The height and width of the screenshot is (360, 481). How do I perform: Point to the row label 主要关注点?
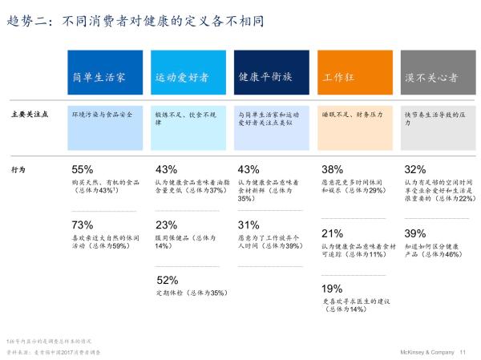pos(31,115)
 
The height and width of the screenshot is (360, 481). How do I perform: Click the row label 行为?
pos(18,170)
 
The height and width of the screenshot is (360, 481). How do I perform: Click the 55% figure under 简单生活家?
pos(83,170)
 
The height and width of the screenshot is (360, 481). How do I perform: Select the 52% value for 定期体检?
pos(167,280)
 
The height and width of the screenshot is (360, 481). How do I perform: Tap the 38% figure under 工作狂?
pos(332,170)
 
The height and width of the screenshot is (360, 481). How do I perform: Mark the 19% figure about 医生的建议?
pos(332,289)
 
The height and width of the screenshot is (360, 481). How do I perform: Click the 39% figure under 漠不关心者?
pos(415,233)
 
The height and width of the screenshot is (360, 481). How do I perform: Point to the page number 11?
pos(463,352)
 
